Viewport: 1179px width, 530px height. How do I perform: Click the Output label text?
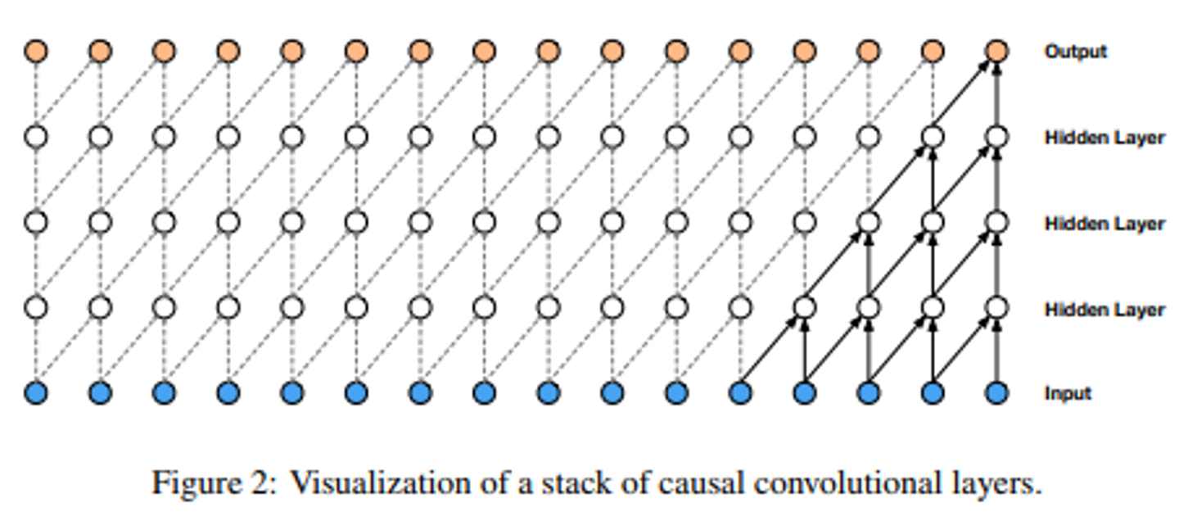pos(1075,52)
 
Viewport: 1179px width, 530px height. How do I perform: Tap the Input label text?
pos(1068,393)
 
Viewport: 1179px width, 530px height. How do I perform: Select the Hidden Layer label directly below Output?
pos(1104,138)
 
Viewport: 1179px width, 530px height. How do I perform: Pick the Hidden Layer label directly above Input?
pos(1104,310)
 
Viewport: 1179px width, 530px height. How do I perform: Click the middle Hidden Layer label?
pos(1104,224)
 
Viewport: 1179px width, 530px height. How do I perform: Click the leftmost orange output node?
pos(36,52)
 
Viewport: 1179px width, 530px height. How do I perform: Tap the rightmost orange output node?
pos(996,52)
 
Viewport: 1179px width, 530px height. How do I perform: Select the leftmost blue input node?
pos(36,393)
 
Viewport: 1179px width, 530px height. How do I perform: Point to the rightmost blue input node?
pos(996,393)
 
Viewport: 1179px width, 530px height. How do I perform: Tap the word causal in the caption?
pos(708,483)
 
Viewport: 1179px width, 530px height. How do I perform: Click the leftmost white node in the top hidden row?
pos(36,138)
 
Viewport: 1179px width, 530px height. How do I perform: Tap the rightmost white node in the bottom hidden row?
pos(996,308)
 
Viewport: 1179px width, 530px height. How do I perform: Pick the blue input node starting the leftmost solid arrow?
pos(740,393)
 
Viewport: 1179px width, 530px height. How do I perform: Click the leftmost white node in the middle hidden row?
pos(36,223)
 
